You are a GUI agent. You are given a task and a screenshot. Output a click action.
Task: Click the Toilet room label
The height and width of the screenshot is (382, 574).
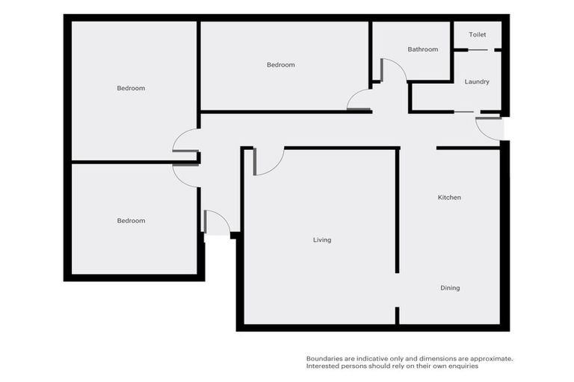click(x=477, y=35)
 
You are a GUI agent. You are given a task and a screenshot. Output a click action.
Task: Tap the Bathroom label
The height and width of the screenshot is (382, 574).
click(x=422, y=49)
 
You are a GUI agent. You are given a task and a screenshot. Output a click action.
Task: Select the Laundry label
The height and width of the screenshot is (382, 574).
click(x=477, y=81)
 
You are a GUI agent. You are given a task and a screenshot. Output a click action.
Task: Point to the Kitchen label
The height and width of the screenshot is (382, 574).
click(x=449, y=198)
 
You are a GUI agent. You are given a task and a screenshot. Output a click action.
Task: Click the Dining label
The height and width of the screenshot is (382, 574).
click(x=450, y=288)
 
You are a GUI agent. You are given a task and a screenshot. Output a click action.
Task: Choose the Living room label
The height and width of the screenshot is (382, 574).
click(x=322, y=240)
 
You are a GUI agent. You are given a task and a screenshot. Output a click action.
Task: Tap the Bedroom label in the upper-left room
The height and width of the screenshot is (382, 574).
click(x=131, y=88)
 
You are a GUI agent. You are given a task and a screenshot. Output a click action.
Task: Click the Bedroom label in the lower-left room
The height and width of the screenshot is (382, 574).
click(x=131, y=221)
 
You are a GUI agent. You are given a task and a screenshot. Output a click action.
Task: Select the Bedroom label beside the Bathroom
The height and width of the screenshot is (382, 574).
click(x=281, y=65)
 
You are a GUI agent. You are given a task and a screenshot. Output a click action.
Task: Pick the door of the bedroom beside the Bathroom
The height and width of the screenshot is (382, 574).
click(x=359, y=101)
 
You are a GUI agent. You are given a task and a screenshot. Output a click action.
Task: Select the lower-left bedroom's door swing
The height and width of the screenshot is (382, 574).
click(x=185, y=175)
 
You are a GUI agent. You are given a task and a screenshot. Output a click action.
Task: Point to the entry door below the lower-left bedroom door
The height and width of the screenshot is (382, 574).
click(x=216, y=223)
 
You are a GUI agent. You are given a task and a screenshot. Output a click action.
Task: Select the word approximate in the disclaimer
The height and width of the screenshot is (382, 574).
click(x=490, y=359)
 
